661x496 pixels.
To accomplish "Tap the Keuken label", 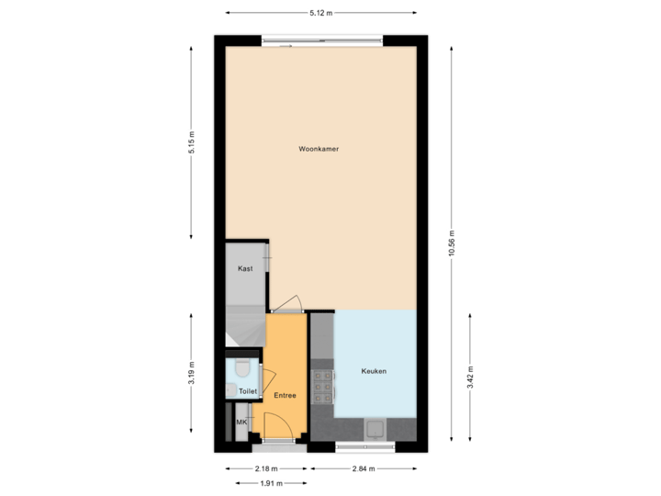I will (x=374, y=371).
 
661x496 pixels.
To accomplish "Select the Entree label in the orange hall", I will (x=285, y=395).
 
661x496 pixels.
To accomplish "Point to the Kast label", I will (x=245, y=269).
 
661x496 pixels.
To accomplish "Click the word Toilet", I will (x=247, y=391).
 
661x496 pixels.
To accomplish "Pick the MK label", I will (x=241, y=422).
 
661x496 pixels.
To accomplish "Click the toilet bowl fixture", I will (x=242, y=368).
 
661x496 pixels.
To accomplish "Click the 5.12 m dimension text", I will (x=320, y=13).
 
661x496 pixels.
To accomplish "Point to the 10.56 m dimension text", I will (x=451, y=244).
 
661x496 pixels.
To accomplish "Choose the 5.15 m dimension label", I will (x=192, y=142).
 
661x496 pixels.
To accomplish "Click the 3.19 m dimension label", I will (x=192, y=371).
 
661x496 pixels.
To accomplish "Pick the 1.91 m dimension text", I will (x=270, y=483).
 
